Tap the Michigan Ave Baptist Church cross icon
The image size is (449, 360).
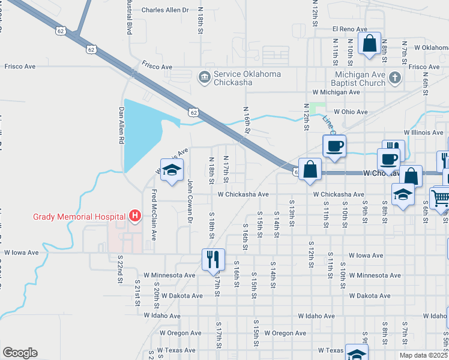[x=394, y=77]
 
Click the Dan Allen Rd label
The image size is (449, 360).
[x=121, y=125]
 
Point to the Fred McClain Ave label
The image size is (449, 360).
[x=154, y=215]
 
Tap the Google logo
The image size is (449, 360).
[x=19, y=353]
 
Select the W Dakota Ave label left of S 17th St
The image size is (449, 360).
[x=181, y=296]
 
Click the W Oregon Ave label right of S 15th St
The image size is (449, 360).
[x=285, y=333]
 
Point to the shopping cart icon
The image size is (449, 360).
[x=440, y=197]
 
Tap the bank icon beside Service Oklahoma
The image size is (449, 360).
[x=204, y=77]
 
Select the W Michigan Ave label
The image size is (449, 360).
[x=336, y=92]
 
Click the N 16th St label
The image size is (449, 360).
[x=246, y=121]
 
